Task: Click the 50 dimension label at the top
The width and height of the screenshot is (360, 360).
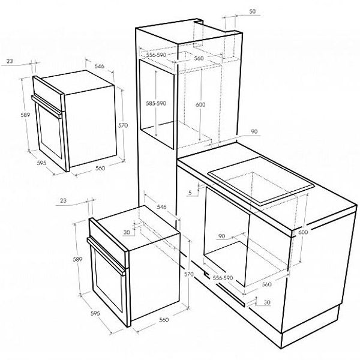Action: [x=252, y=11]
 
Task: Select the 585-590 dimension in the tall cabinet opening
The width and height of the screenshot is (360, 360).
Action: [x=156, y=103]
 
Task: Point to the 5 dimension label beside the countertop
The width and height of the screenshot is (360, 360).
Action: [x=190, y=193]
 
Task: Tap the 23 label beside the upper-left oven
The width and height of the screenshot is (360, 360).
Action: [x=10, y=61]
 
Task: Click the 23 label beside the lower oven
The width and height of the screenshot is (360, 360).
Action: [x=63, y=200]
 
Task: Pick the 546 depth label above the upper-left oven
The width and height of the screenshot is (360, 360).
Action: [x=100, y=67]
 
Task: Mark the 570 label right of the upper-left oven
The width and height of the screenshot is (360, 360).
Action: [x=123, y=125]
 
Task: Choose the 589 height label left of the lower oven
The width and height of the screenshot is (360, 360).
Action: [x=77, y=259]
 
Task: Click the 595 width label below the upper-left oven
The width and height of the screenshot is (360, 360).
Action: [x=41, y=163]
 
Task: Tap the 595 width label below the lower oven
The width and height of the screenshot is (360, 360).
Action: [x=95, y=313]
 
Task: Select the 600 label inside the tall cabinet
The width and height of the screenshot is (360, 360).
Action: [x=200, y=104]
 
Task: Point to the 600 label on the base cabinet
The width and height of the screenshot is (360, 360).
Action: [x=303, y=232]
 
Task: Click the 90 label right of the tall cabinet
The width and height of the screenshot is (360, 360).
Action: [x=254, y=131]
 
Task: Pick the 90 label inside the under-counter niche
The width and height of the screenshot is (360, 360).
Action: [x=221, y=236]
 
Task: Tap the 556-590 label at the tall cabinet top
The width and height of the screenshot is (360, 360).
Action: [x=156, y=55]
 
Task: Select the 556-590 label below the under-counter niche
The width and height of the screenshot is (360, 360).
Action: [x=223, y=278]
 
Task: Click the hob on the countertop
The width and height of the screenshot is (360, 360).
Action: [x=261, y=180]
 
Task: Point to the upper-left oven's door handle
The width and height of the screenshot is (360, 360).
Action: [x=47, y=106]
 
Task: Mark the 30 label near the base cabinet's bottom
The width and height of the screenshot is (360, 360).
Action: [x=267, y=302]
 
